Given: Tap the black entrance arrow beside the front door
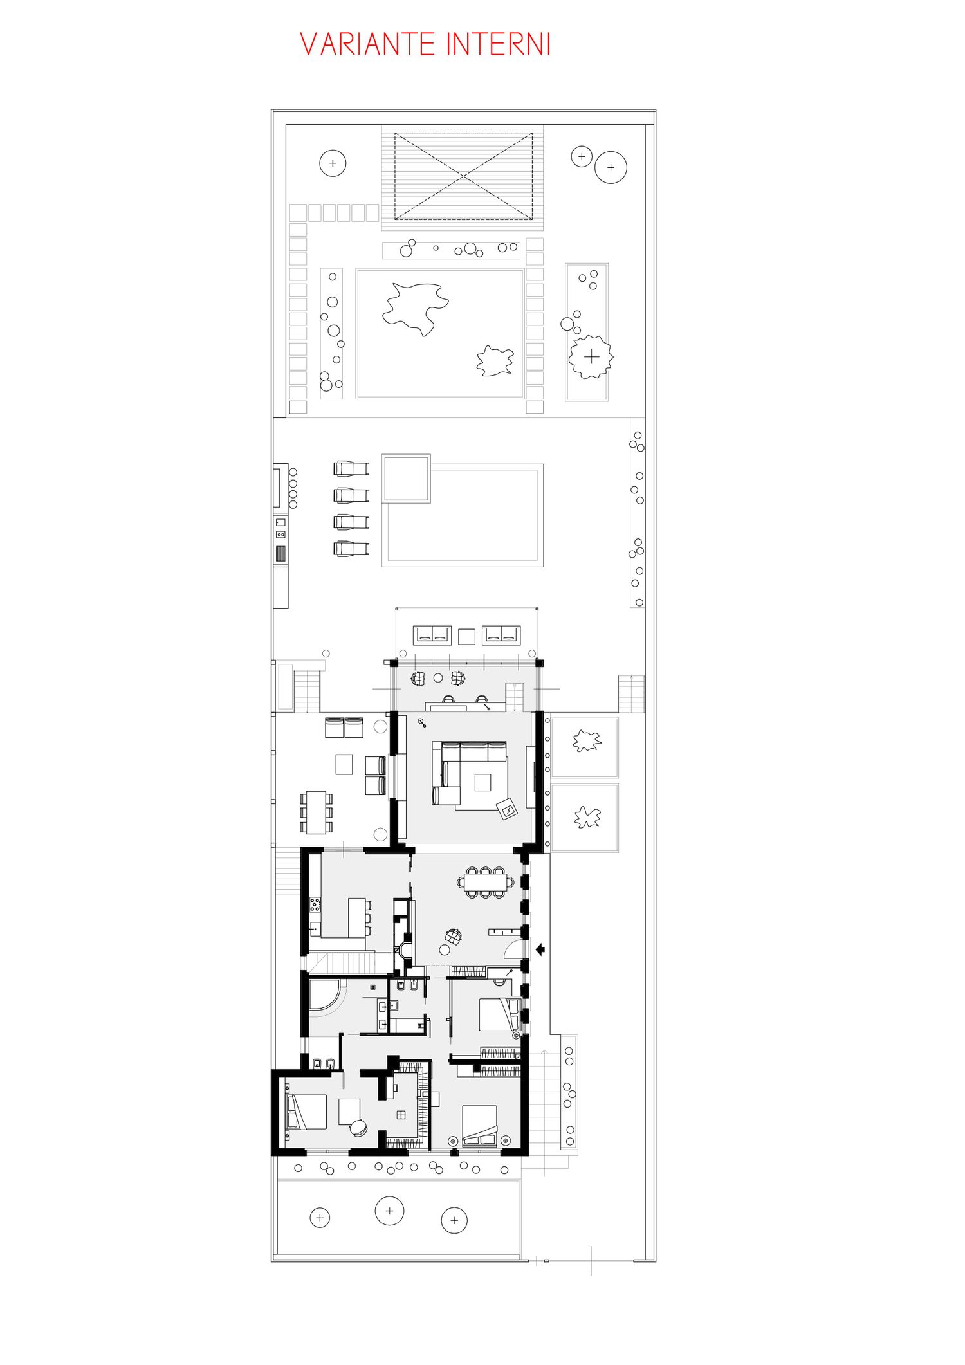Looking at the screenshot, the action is point(540,948).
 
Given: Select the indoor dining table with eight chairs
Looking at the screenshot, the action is point(486,882).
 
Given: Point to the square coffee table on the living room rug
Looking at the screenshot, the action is point(482,782).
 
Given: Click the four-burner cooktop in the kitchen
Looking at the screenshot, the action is point(315,904).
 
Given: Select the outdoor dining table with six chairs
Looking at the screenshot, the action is point(316,812).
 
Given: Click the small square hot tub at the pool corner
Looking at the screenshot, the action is point(406,479).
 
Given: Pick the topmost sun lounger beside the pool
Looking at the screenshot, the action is point(351,468).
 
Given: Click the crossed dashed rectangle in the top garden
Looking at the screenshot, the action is point(463,176).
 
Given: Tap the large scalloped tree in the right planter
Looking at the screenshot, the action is point(591,356).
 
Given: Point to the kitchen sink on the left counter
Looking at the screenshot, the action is point(315,928).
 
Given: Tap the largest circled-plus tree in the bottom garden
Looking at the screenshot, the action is point(389,1211).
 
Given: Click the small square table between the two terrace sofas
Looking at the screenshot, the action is point(466,636).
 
